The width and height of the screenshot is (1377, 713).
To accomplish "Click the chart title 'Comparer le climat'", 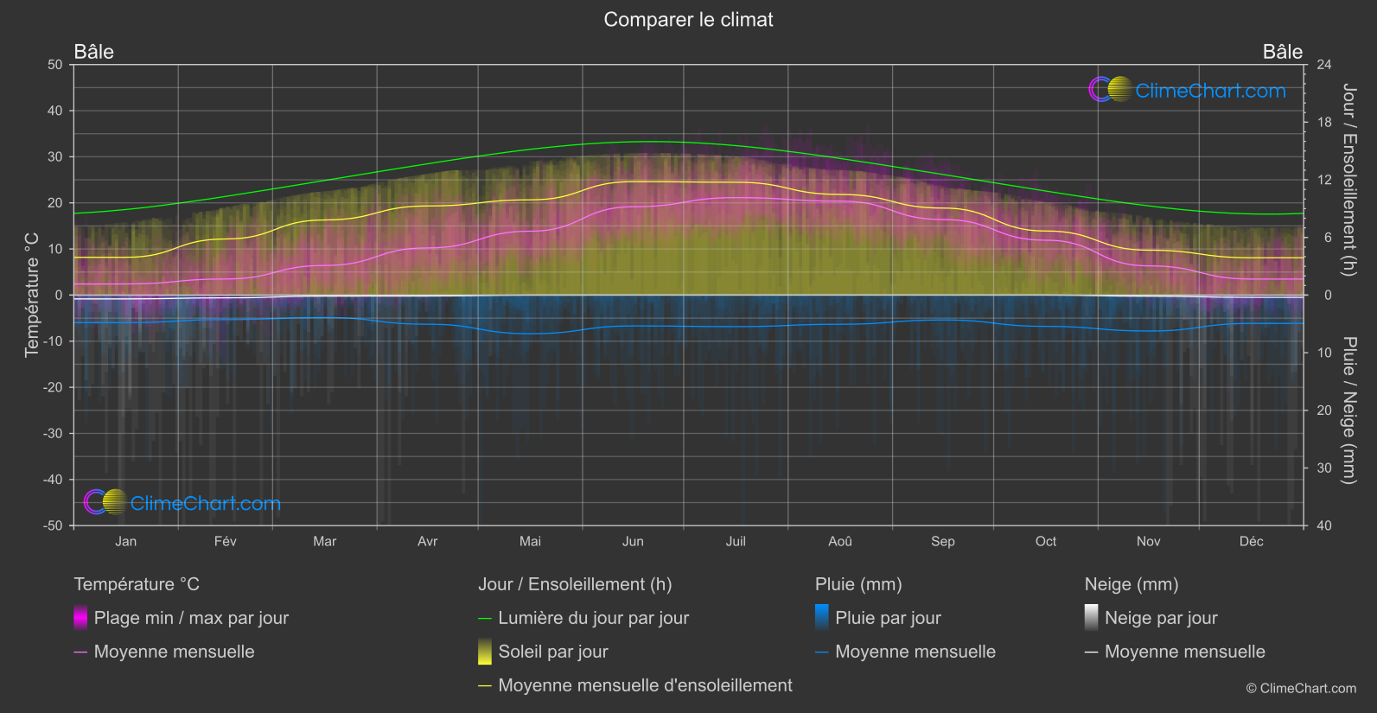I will pos(688,20).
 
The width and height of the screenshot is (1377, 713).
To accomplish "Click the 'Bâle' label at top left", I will pos(94,52).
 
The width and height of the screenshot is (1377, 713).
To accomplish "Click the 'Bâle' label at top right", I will pos(1282,52).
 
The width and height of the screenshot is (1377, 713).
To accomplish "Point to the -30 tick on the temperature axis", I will pos(54,434).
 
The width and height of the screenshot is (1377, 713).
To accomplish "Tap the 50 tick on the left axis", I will pos(55,65).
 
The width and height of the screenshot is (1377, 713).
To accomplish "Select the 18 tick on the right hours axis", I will pos(1324,123).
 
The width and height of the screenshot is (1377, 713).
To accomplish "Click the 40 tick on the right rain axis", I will pos(1324,525).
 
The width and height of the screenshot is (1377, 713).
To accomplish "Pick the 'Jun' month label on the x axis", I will pos(633,541).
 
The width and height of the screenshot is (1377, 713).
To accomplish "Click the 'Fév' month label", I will pos(225,541).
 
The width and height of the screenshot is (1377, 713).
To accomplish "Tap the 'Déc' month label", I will pos(1251,541).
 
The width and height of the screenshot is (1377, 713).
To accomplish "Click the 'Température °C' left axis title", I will pos(32,295).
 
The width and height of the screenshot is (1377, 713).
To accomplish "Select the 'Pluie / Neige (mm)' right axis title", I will pos(1348,411).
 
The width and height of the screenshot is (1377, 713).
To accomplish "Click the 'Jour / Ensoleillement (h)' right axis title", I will pos(1348,180).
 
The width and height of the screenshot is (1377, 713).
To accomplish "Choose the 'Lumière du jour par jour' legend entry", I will pos(593,618).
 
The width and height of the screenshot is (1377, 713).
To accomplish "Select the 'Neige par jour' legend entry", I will pos(1160,618).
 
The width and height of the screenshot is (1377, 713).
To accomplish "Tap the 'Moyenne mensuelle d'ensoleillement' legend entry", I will pos(645,685).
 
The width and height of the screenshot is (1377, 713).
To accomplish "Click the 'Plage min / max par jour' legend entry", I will pos(191,618).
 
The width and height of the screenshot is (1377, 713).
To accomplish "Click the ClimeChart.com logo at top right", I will pos(1188,90).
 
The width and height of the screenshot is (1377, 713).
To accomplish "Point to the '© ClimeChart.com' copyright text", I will pos(1301,689).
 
